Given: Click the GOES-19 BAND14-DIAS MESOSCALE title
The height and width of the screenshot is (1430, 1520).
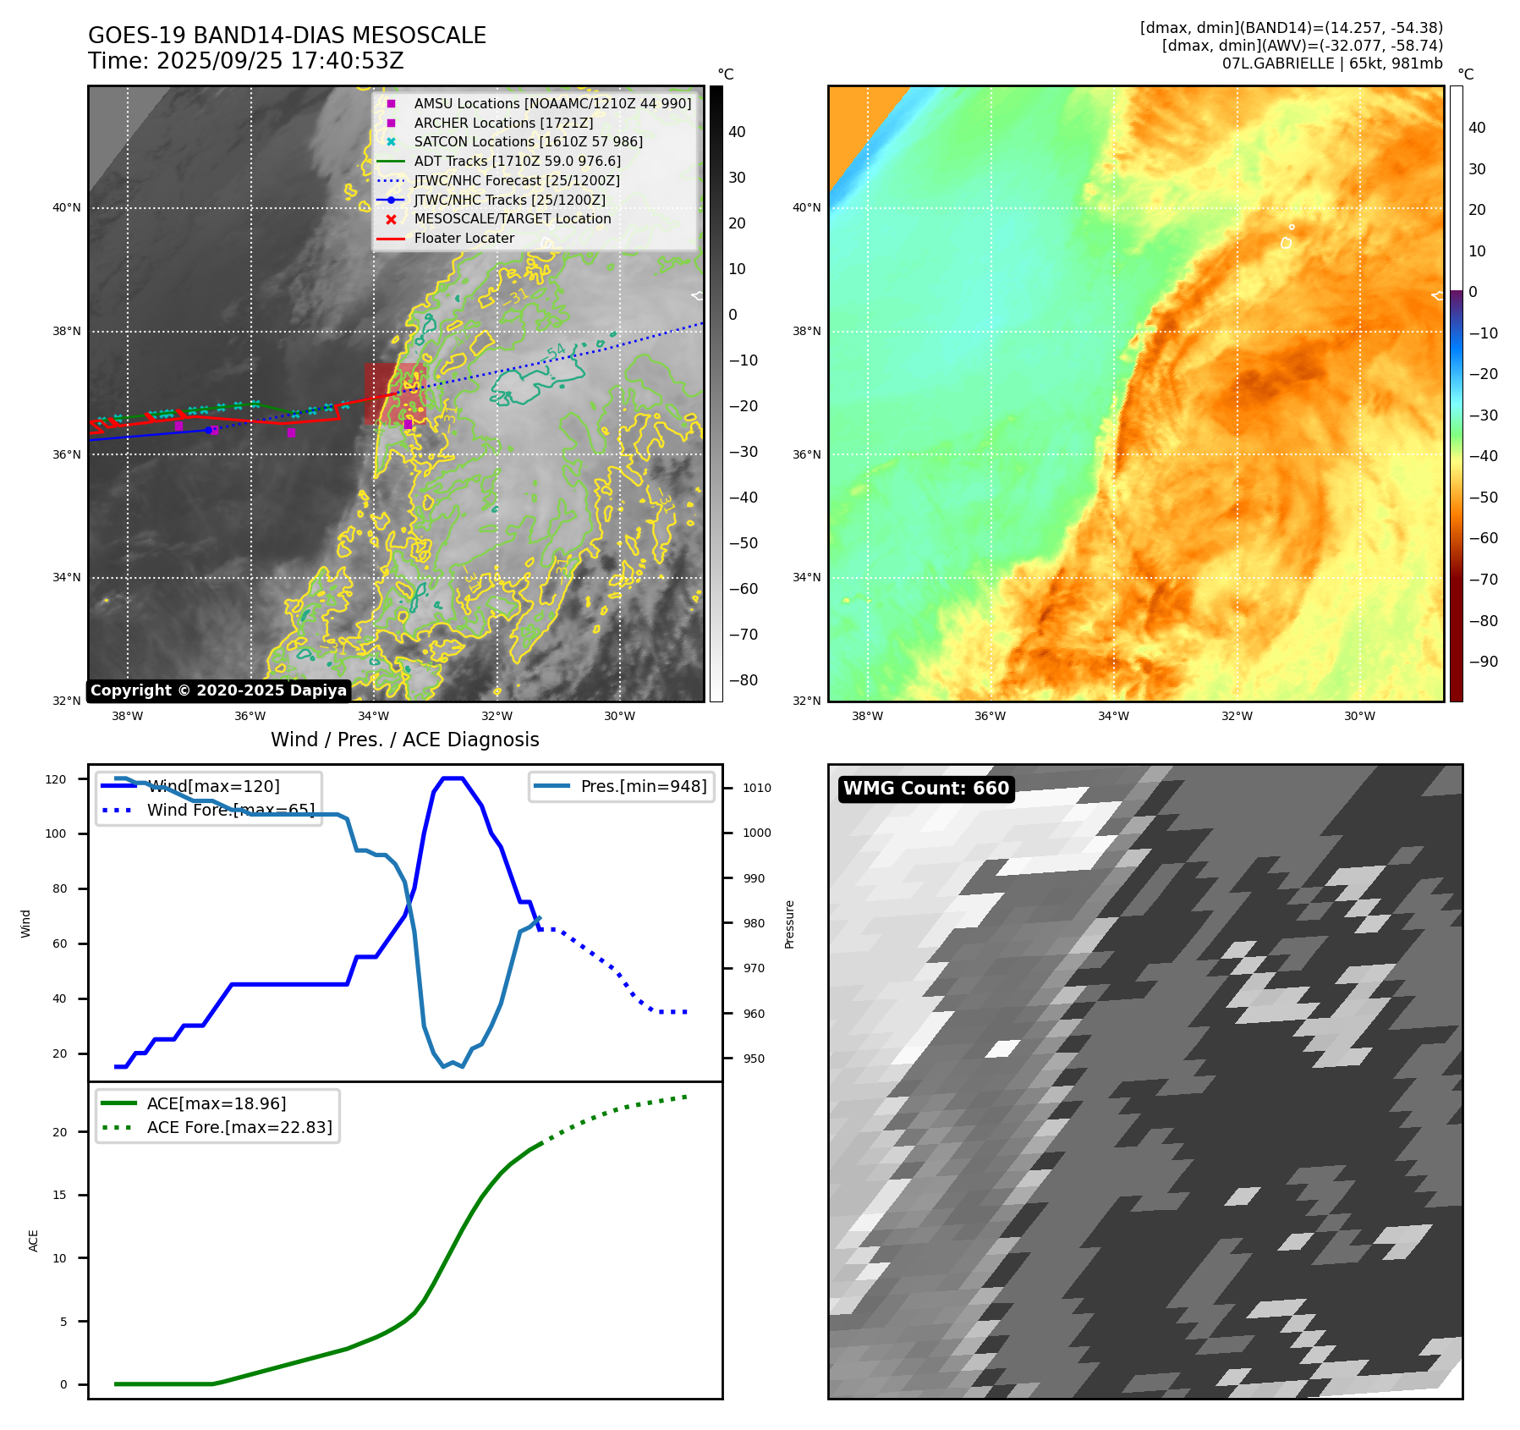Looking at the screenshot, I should pos(287,36).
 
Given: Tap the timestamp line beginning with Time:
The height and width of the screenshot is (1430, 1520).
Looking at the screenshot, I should pos(245,61).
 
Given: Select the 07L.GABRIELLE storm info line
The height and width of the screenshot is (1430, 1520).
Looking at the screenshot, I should pos(1331,63).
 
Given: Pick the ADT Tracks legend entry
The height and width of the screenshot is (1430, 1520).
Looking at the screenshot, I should pos(517,161).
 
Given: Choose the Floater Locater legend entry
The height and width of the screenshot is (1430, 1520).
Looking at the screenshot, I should pos(464,238).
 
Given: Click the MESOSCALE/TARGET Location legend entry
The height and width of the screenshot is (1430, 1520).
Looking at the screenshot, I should pos(512,218).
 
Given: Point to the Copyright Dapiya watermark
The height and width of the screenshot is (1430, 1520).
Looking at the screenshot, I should pos(218,690).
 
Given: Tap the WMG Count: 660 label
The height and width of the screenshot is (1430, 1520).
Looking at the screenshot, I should pos(925,789).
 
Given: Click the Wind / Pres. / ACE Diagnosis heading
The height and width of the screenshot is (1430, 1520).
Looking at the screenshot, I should pos(404,740).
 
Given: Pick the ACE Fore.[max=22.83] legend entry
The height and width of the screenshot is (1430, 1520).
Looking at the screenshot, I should pos(239,1127).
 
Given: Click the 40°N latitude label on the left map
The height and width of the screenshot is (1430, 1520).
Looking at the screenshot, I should pos(67,208).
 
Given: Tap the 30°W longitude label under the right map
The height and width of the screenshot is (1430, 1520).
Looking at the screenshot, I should pos(1359,716).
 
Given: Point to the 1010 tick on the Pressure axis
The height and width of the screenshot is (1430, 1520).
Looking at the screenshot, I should pos(756,788).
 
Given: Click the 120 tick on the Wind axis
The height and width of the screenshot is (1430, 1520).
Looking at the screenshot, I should pos(56,779).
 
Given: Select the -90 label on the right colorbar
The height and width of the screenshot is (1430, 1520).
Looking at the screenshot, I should pos(1483,662).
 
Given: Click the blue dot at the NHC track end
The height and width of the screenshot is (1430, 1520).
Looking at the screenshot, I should pos(208,431).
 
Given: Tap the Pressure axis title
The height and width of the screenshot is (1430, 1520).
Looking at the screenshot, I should pos(789,924).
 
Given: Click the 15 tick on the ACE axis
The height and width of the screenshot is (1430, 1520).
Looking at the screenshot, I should pos(59,1195).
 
